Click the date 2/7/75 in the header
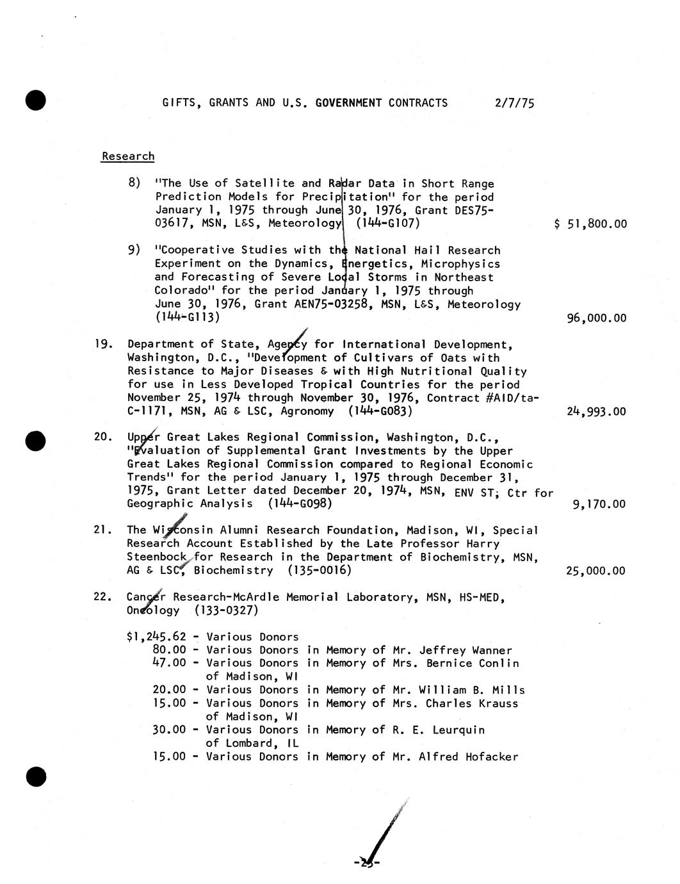click(514, 102)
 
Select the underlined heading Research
click(128, 156)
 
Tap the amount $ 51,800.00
click(590, 224)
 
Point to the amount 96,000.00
click(597, 318)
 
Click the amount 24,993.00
click(596, 411)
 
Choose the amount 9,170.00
click(599, 504)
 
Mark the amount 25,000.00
click(595, 571)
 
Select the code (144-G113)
click(187, 317)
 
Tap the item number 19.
click(103, 344)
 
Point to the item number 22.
click(103, 597)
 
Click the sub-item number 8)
click(134, 183)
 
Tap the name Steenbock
click(156, 557)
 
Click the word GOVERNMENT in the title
click(348, 102)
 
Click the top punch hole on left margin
click(36, 101)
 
